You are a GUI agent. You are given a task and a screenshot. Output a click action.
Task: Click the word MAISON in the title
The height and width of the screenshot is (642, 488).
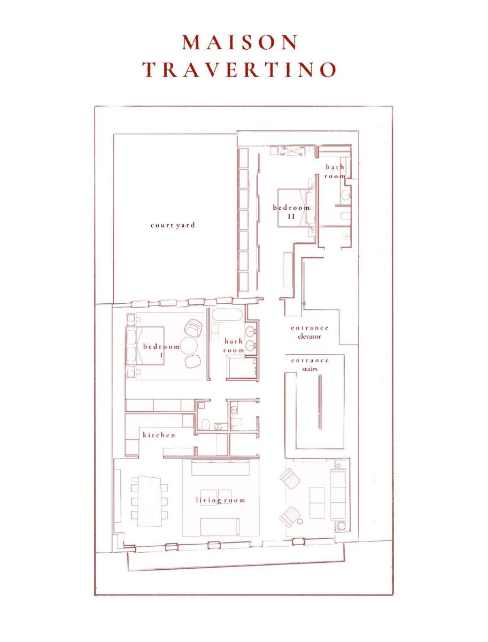[240, 42]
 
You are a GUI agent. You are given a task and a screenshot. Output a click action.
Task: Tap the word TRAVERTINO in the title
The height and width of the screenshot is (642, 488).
[240, 70]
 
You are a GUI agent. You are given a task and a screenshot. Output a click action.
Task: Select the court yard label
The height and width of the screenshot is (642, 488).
[173, 225]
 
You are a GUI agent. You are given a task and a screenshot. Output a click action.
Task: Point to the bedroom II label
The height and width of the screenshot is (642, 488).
[291, 212]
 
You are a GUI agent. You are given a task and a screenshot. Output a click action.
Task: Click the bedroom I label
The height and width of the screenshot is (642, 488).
[161, 350]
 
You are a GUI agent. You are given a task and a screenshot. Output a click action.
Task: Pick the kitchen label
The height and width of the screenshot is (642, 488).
[159, 435]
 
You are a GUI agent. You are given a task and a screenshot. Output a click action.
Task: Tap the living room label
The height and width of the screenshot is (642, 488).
[220, 500]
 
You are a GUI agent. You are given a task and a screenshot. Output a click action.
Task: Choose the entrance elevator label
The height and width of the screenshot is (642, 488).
[310, 332]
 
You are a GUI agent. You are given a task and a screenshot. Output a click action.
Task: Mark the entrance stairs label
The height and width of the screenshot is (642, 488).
[310, 364]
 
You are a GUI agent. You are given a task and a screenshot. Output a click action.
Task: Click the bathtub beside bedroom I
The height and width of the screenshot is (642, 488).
[227, 316]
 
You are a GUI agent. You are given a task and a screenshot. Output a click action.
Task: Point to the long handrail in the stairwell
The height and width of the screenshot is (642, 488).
[320, 402]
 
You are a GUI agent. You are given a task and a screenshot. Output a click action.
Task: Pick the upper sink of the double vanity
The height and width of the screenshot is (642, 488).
[251, 332]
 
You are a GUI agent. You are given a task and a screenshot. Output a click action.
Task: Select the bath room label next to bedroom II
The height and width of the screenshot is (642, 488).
[335, 172]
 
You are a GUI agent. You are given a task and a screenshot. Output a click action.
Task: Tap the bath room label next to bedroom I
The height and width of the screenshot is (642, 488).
[234, 346]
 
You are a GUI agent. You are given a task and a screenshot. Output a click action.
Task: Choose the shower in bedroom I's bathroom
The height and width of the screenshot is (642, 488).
[242, 368]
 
